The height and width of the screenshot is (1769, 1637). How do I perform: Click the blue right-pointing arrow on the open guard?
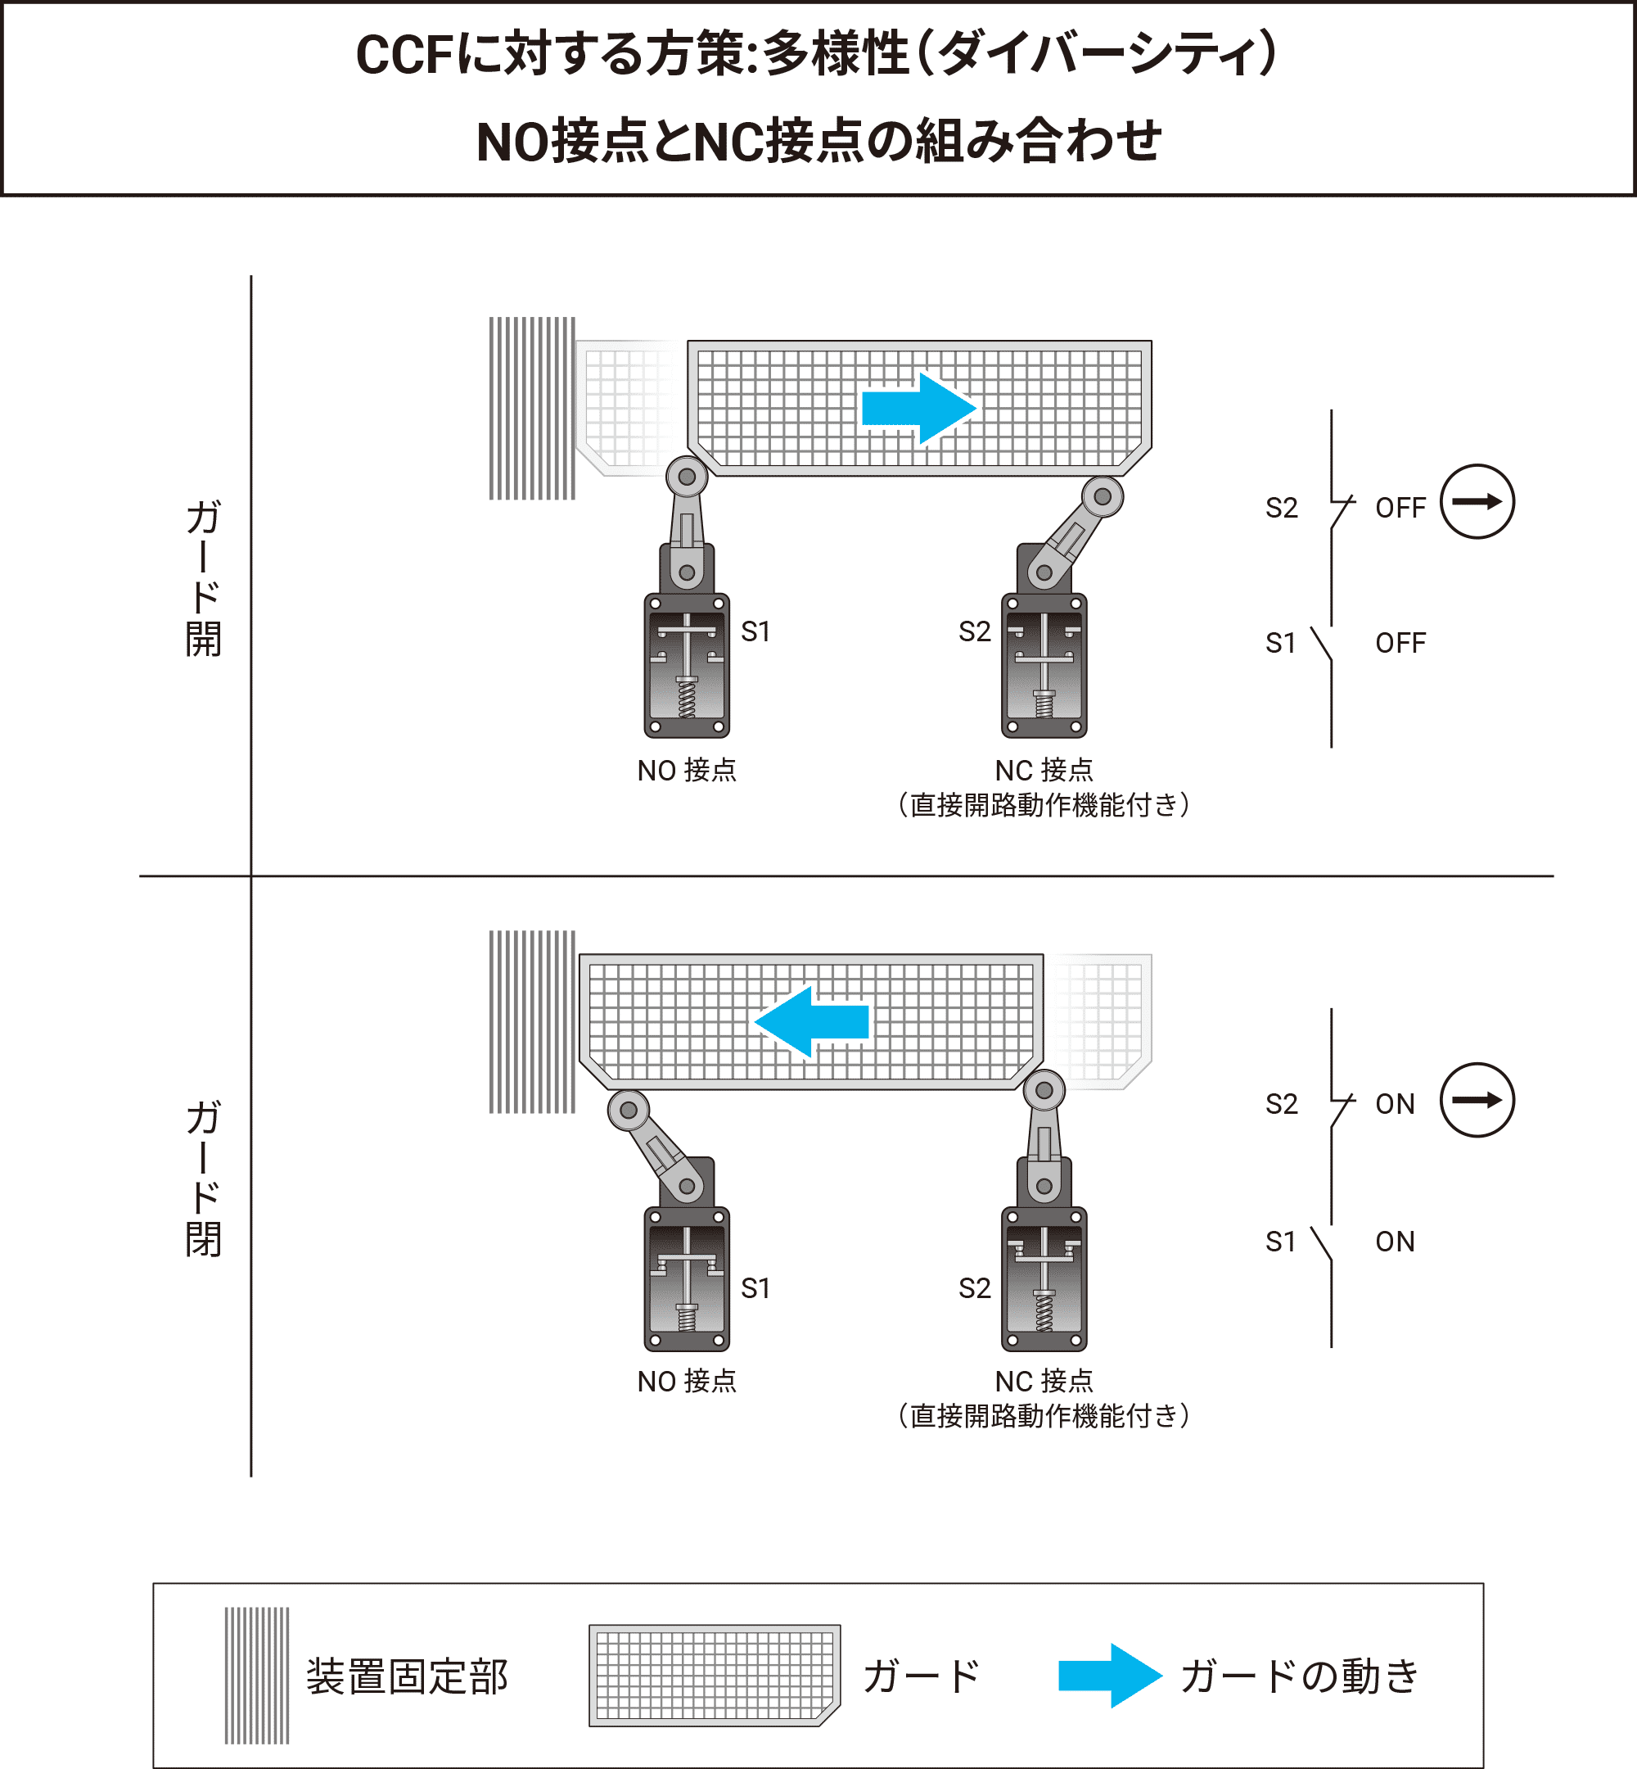[x=918, y=409]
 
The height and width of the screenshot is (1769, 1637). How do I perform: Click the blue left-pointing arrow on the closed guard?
[x=811, y=1021]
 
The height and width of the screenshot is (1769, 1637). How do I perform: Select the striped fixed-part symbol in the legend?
[x=257, y=1675]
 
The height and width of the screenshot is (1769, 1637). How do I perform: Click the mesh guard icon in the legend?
[x=714, y=1674]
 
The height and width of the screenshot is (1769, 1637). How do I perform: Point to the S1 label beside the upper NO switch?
[x=755, y=632]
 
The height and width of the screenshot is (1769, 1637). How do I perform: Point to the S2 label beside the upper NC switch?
[x=974, y=632]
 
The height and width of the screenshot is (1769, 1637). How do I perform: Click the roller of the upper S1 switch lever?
[x=687, y=477]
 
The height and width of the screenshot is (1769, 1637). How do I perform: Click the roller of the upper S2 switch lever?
[x=1102, y=496]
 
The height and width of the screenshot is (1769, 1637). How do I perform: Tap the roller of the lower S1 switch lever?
[x=628, y=1110]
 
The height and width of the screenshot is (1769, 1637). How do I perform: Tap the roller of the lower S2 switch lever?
[x=1044, y=1090]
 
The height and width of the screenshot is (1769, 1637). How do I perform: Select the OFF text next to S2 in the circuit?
[x=1400, y=508]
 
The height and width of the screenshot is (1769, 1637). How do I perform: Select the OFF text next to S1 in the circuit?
[x=1400, y=643]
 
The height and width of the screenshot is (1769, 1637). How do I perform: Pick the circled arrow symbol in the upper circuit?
[x=1477, y=502]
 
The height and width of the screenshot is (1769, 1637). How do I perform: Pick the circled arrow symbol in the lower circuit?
[x=1477, y=1100]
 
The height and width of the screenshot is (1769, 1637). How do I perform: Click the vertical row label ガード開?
[x=203, y=578]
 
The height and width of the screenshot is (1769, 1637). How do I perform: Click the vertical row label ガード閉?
[x=203, y=1178]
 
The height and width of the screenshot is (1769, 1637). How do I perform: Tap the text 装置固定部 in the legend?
[x=407, y=1676]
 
